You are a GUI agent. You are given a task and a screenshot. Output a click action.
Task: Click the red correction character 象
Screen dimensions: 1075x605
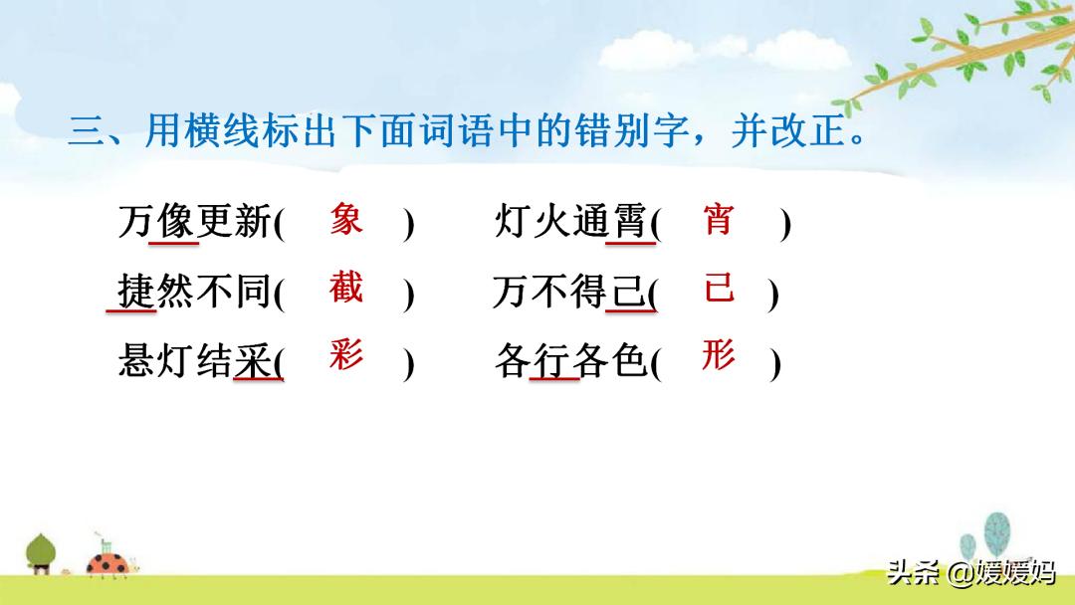tap(346, 219)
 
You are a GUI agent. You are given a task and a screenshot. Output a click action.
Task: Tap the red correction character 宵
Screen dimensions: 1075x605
tap(718, 219)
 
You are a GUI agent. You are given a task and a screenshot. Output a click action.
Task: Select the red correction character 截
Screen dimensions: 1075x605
tap(345, 288)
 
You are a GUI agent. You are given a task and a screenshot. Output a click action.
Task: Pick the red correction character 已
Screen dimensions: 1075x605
tap(720, 288)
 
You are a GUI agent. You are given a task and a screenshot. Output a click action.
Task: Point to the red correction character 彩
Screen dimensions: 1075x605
tap(345, 354)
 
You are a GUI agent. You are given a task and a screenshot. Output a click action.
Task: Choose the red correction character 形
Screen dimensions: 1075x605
tap(719, 354)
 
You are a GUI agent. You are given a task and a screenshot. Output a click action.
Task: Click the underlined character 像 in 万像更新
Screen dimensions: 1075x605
tap(175, 221)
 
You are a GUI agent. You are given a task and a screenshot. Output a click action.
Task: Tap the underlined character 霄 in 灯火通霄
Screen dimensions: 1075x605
tap(630, 221)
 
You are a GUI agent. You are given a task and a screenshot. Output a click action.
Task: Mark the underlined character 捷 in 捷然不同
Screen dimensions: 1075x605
tap(135, 292)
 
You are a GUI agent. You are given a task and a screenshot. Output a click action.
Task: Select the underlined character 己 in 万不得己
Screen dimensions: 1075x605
tap(628, 292)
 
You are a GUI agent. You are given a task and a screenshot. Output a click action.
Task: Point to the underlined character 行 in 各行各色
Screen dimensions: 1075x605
tap(551, 359)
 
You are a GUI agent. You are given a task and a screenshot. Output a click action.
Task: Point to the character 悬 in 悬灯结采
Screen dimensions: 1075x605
tap(135, 359)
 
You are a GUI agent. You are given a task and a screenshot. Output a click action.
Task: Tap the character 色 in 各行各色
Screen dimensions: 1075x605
tap(630, 359)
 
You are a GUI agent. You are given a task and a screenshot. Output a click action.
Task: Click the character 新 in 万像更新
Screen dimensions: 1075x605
tap(254, 221)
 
